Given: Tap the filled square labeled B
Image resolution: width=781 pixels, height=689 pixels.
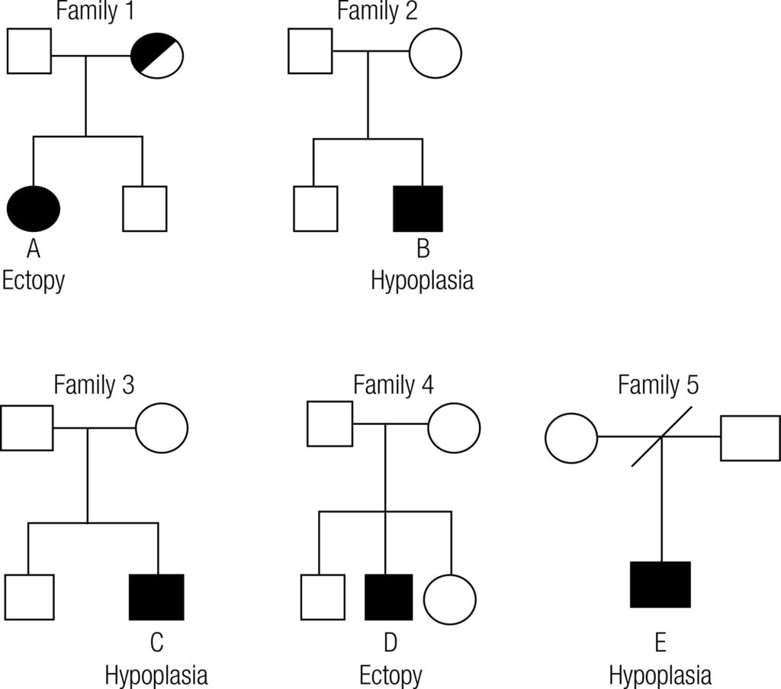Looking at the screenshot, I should coord(417,208).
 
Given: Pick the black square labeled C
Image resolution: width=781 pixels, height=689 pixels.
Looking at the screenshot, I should coord(156,597).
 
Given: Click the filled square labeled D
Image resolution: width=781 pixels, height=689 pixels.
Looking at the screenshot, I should coord(389,597).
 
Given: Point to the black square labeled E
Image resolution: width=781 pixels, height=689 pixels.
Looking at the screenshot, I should coord(660,584).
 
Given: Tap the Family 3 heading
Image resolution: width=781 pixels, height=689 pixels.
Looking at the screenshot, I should coord(94,385).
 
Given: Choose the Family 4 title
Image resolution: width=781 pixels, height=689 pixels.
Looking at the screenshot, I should coord(393,385).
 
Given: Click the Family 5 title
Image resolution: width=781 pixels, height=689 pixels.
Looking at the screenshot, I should coord(658,385).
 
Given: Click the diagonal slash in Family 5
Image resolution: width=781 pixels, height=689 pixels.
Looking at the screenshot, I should coord(660,437).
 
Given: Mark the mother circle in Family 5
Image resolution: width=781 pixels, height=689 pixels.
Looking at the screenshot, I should coord(571,437).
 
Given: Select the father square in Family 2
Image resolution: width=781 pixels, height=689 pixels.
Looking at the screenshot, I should coord(310,51).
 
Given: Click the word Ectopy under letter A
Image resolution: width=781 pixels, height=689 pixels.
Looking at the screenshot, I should coord(34,280).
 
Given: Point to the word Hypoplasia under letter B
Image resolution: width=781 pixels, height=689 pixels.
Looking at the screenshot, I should coord(422,280).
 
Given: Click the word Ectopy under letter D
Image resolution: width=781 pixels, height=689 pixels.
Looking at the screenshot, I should coord(390,675).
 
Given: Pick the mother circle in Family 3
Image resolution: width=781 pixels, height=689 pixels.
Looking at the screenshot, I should coord(162,427).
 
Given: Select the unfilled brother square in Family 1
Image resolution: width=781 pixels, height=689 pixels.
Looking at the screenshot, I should coord(145,208).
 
